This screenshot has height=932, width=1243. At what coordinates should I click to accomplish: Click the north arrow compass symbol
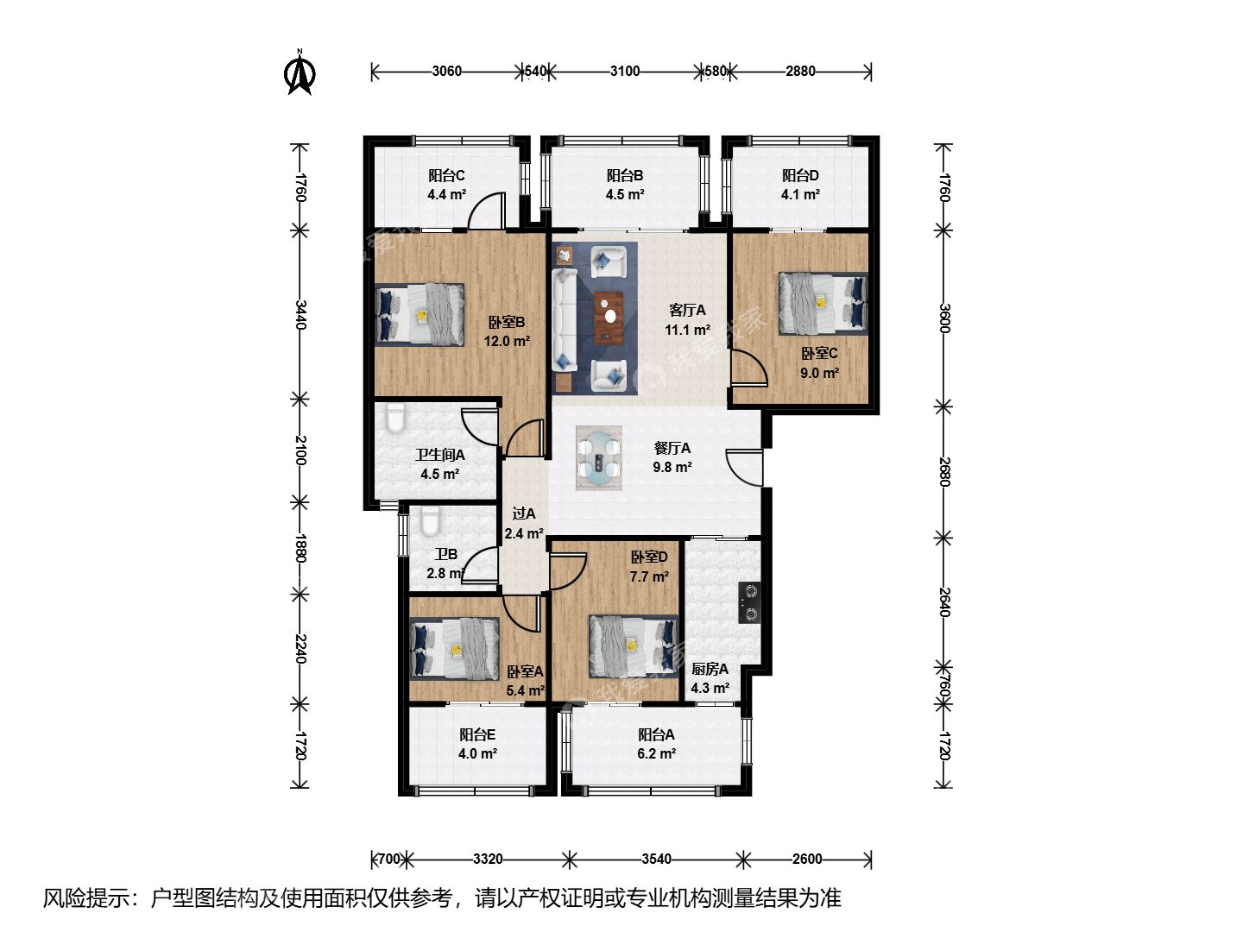300,72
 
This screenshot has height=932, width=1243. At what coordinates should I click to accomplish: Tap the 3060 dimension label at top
447,72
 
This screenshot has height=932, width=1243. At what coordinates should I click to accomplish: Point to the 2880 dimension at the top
800,72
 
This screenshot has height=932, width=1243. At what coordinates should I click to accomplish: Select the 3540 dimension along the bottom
656,859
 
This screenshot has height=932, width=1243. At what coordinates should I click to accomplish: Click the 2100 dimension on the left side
300,450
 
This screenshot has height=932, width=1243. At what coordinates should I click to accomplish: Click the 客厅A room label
687,310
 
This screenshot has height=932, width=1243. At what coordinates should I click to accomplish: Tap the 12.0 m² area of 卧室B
507,341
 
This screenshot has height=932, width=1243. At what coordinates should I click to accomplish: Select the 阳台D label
800,175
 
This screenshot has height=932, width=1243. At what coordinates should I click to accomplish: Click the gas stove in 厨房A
749,602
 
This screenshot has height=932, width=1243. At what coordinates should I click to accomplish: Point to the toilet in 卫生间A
395,418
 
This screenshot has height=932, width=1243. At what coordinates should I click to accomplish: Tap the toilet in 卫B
431,521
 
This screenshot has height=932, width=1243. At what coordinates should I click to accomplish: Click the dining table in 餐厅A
598,457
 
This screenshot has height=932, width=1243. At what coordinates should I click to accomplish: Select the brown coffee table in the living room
609,318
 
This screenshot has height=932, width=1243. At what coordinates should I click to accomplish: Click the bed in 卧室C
823,304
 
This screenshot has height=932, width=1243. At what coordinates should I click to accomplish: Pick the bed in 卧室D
633,646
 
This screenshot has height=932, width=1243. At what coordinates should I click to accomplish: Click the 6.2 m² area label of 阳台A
656,753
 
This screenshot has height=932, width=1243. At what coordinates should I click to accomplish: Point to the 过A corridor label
523,513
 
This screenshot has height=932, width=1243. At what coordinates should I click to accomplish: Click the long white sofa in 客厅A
565,320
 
